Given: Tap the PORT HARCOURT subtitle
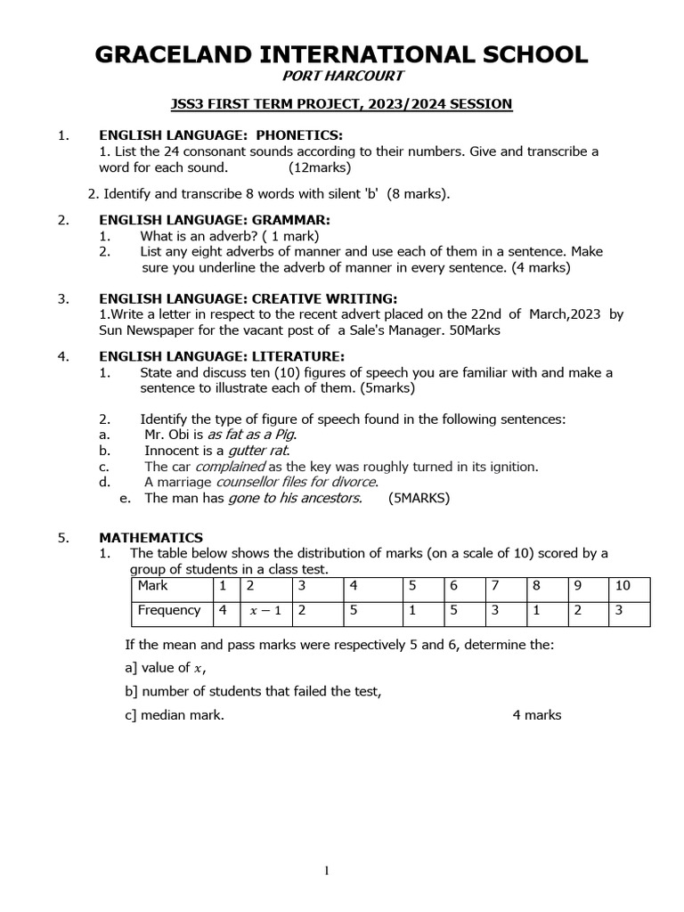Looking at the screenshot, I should pyautogui.click(x=342, y=78).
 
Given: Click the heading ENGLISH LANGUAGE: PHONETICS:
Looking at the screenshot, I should pyautogui.click(x=220, y=135).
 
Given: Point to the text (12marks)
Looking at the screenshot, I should pyautogui.click(x=320, y=167).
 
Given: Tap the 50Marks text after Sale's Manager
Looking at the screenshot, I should pyautogui.click(x=475, y=330).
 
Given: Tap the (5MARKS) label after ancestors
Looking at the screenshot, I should pyautogui.click(x=419, y=499).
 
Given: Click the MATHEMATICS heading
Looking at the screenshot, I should pyautogui.click(x=151, y=538).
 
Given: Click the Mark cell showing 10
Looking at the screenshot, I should pyautogui.click(x=627, y=586).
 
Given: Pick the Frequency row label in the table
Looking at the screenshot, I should pyautogui.click(x=168, y=611).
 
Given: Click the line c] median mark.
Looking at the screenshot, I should pyautogui.click(x=175, y=715).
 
